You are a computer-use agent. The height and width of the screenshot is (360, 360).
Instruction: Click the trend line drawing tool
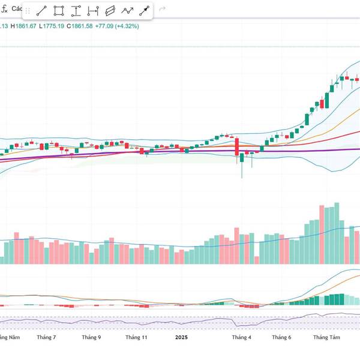[x=41, y=10]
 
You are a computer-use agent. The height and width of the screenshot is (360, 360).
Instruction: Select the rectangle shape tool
[x=59, y=10]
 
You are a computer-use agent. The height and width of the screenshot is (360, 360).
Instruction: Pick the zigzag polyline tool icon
[x=127, y=10]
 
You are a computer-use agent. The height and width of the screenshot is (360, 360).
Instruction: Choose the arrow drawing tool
[x=144, y=10]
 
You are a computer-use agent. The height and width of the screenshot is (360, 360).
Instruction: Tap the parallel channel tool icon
[x=110, y=10]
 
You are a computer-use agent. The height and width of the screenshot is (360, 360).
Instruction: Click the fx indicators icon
[x=4, y=9]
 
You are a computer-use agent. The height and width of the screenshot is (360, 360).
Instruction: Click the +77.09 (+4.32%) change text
[x=117, y=26]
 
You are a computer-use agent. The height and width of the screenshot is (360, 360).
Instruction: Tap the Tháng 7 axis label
[x=46, y=337]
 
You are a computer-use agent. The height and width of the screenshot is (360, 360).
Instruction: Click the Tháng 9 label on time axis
[x=91, y=337]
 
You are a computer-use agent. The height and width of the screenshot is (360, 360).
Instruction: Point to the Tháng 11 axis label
[x=137, y=337]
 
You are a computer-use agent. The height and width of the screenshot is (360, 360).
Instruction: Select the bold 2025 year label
[x=182, y=337]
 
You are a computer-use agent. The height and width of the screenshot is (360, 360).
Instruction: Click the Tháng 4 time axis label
[x=242, y=337]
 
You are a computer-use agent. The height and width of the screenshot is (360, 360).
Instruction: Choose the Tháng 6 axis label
[x=281, y=337]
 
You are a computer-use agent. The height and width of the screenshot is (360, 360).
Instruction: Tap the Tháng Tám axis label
[x=326, y=337]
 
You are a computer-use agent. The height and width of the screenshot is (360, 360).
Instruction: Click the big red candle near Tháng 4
[x=237, y=148]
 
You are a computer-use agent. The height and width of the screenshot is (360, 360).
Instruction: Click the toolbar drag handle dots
[x=27, y=10]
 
